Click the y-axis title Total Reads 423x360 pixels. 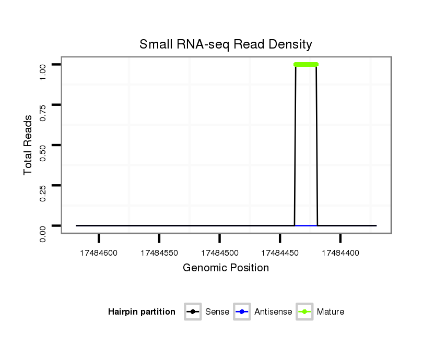(28, 145)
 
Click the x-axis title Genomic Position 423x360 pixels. (226, 268)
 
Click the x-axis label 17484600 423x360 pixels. (99, 253)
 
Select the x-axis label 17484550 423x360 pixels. (159, 253)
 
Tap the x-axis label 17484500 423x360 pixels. (219, 253)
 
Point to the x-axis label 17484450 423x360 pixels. (280, 253)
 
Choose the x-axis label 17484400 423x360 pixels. (340, 253)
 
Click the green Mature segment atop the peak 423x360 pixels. (306, 65)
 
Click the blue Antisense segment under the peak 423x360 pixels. (306, 225)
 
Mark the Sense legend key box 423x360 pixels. (193, 312)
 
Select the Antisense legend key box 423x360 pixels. (242, 312)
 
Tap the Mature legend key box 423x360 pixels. (304, 312)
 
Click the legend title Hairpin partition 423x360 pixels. (142, 312)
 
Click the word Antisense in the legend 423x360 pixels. (273, 312)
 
